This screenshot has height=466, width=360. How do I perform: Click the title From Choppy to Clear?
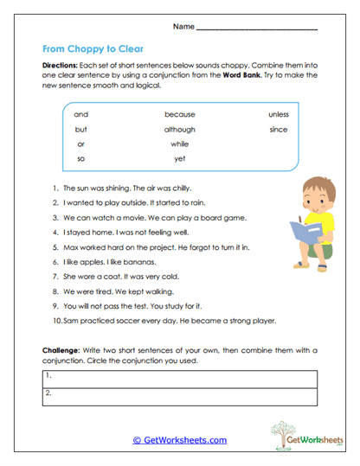point(93,49)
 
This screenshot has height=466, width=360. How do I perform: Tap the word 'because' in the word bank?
point(179,114)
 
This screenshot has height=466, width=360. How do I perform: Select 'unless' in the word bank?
point(278,114)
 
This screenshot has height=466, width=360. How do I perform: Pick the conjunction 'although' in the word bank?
point(179,129)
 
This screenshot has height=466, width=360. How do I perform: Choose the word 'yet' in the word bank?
point(179,159)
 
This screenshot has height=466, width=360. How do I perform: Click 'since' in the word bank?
point(278,129)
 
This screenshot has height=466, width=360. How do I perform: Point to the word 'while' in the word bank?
point(179,144)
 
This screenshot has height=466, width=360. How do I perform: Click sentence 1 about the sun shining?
point(125,188)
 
